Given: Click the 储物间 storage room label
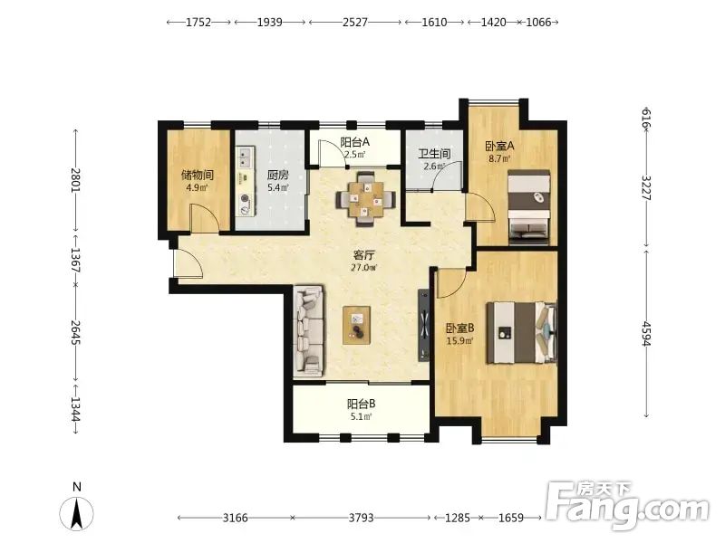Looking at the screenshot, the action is (198, 175).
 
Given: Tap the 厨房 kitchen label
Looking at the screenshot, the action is (278, 175).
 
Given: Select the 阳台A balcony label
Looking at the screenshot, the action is (354, 142).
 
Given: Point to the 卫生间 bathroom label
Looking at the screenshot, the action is (434, 154).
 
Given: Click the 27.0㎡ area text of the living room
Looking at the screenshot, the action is (364, 267).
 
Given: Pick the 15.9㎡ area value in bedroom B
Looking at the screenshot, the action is (459, 341).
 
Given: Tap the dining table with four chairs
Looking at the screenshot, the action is (366, 199).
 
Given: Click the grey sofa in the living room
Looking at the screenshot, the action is (308, 330).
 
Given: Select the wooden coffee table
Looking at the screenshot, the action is (356, 325).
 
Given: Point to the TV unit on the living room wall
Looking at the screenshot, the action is (424, 325).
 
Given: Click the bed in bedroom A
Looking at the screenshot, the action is (529, 207).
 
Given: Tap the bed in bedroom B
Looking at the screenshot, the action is (521, 332).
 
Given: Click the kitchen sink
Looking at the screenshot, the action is (245, 157).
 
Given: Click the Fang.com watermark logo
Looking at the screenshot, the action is (627, 506).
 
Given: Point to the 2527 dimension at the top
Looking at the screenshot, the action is (355, 22).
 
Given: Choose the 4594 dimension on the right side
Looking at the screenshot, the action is (646, 333).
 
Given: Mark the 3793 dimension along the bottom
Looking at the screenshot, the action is (361, 518).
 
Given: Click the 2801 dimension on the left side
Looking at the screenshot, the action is (75, 180).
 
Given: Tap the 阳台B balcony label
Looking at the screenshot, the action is (361, 404).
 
